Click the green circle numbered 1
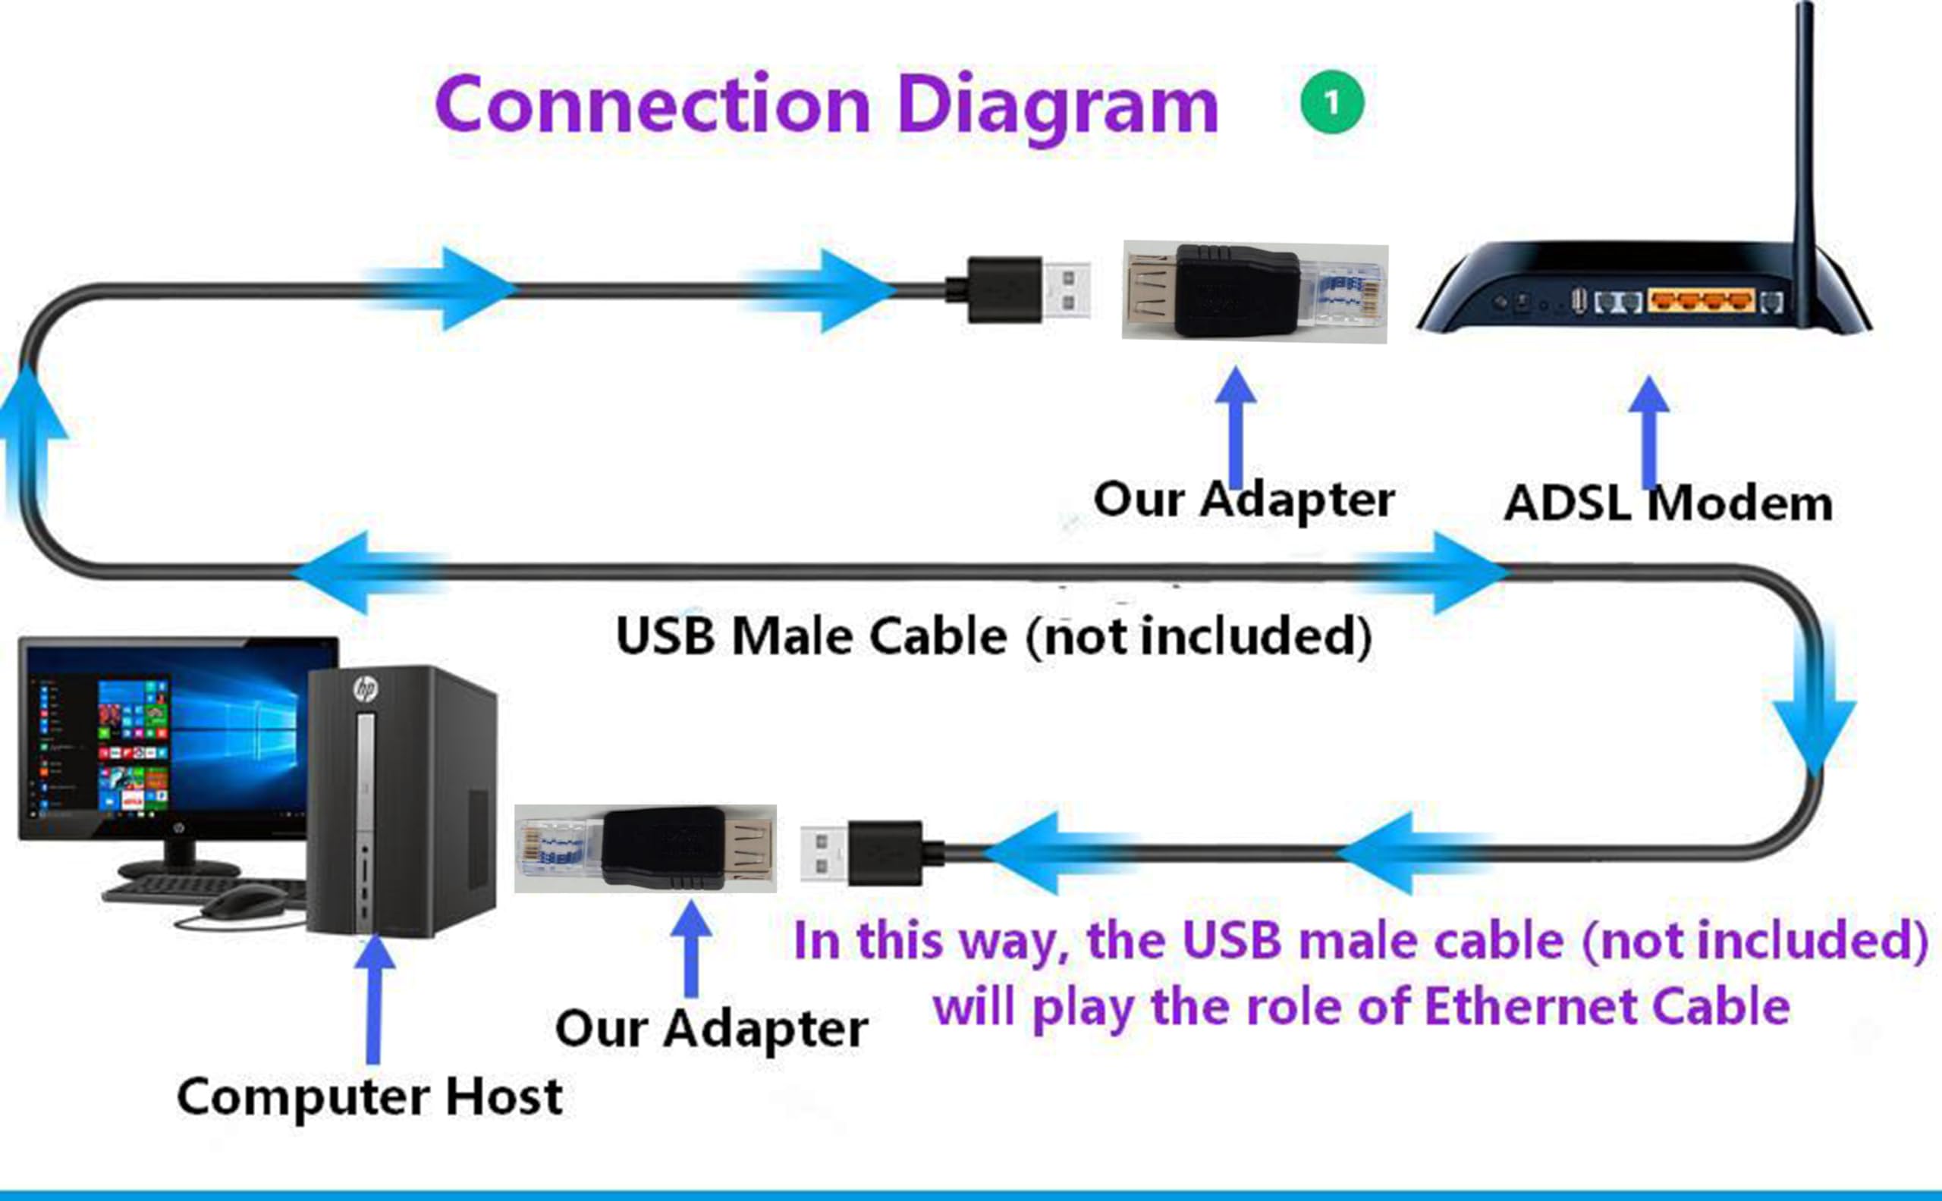pos(1332,102)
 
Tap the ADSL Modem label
pos(1669,503)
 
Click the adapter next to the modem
pos(1255,291)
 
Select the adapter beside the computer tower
pos(646,848)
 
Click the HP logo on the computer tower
pos(366,688)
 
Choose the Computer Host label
pos(369,1097)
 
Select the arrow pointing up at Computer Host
pos(374,999)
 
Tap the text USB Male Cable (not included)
pos(994,636)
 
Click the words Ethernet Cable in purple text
pos(1607,1006)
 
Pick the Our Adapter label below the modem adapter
pos(1243,500)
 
